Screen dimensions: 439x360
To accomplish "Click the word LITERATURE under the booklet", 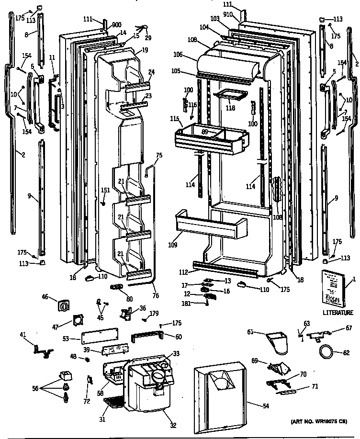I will click(337, 313).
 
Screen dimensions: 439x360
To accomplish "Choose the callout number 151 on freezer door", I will click(106, 191).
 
